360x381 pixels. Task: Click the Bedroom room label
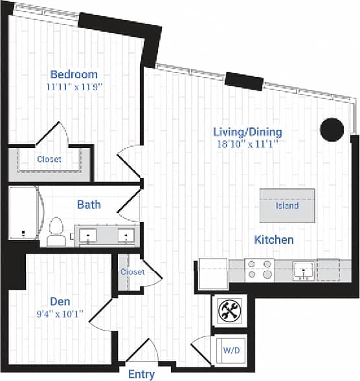point(74,74)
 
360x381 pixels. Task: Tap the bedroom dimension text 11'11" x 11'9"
point(74,85)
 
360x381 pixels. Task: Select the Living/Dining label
point(248,132)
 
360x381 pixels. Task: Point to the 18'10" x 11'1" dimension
point(248,144)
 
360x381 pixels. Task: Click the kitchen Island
point(287,205)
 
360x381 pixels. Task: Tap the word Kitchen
point(273,239)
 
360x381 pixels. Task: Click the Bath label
point(89,205)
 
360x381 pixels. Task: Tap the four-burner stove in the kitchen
point(260,269)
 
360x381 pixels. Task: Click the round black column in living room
point(332,129)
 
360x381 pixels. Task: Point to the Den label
point(60,301)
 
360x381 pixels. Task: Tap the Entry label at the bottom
point(141,374)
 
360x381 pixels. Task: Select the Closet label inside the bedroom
point(49,159)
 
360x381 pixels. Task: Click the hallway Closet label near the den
point(132,272)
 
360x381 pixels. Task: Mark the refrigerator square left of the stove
point(212,273)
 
